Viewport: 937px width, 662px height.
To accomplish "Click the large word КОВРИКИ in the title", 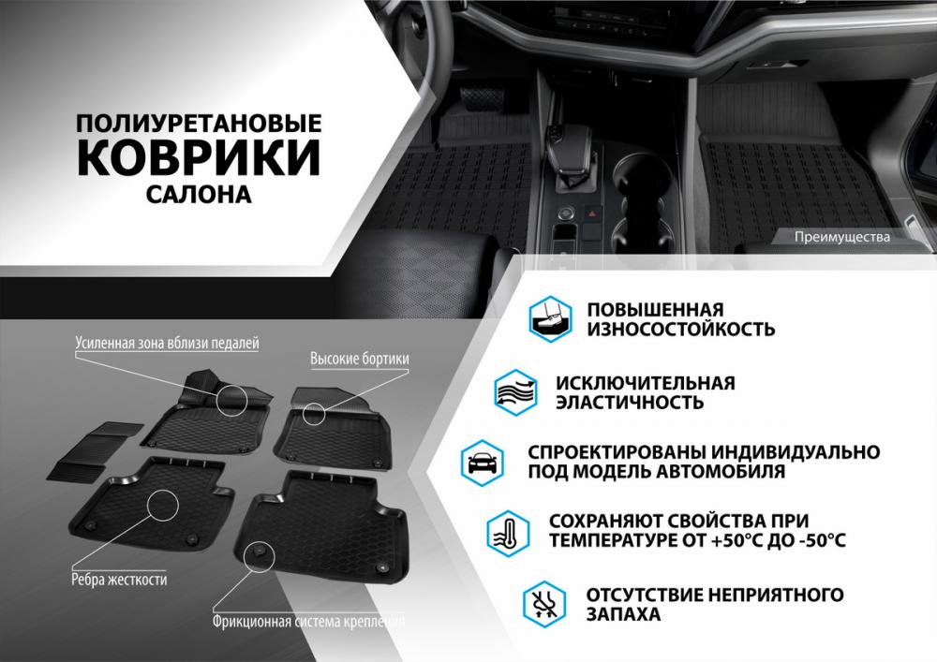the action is [x=199, y=157].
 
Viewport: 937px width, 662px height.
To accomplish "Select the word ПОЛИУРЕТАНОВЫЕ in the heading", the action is [x=199, y=123].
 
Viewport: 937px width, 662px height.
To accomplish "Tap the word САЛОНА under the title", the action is [x=199, y=195].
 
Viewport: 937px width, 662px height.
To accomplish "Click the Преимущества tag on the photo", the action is [x=842, y=237].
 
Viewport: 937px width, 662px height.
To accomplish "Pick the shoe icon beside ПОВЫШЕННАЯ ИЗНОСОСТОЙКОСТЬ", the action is [x=550, y=318].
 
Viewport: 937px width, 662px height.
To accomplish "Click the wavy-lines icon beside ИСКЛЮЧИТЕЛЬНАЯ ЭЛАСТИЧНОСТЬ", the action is [x=515, y=392].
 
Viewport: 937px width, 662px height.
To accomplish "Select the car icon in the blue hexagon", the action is [x=483, y=463].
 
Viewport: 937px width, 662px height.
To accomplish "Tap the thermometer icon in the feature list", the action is [x=508, y=533].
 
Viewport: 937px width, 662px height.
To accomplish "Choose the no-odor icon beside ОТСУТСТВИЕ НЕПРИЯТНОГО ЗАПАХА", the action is [x=544, y=604].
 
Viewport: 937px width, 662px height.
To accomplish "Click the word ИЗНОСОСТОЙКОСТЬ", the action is [x=680, y=329].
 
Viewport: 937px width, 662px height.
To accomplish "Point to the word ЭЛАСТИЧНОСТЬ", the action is [x=630, y=403].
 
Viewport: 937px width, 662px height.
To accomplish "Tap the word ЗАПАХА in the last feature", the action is [x=623, y=614].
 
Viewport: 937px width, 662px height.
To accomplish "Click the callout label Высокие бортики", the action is [x=360, y=359].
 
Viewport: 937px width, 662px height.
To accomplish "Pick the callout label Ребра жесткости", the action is [x=119, y=579].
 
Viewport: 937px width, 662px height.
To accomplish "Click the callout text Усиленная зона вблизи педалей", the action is [x=168, y=344].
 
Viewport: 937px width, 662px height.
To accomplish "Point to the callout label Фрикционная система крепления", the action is [x=309, y=622].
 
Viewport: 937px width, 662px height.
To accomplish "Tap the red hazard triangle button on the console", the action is [x=592, y=213].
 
